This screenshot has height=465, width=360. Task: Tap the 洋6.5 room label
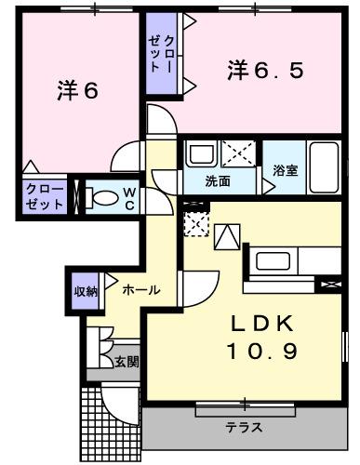coord(266,70)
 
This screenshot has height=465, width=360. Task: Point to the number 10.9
coord(262,352)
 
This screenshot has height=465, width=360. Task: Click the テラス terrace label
coord(243,429)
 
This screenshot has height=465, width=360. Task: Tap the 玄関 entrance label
coord(127,362)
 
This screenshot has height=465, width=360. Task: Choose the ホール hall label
coord(141,290)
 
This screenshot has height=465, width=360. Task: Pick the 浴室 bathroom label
coord(285,170)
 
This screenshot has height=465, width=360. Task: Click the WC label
coord(131,198)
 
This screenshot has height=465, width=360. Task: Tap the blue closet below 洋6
coord(45,197)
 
